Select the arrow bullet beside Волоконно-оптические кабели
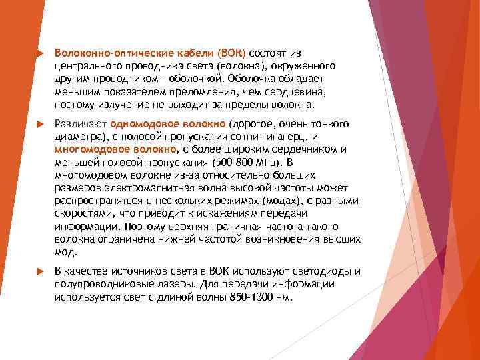point(40,52)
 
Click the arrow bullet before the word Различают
point(40,123)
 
